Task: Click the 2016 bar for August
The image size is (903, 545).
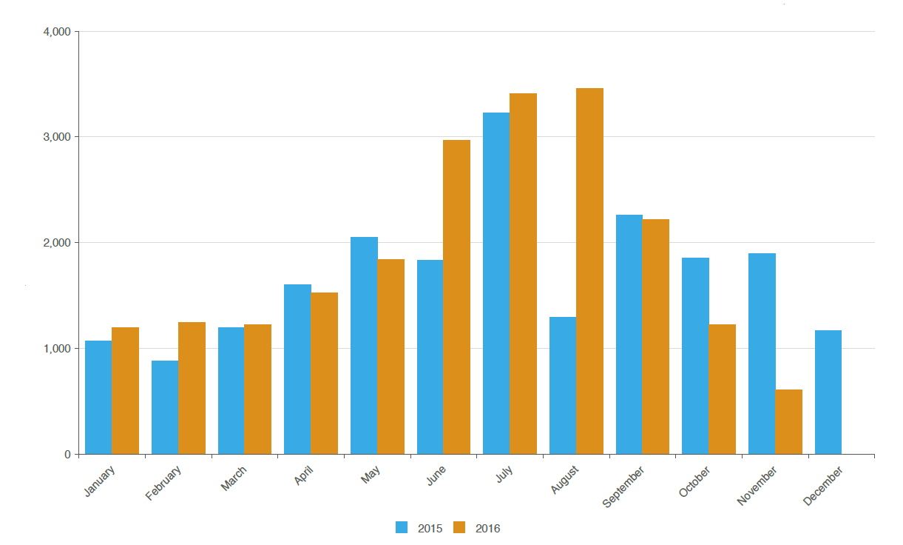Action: click(589, 271)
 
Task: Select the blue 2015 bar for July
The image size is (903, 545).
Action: click(496, 284)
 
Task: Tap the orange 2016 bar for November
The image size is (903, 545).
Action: click(788, 422)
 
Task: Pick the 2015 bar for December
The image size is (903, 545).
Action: click(828, 392)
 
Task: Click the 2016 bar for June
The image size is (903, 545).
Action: click(457, 297)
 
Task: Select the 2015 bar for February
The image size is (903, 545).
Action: click(165, 407)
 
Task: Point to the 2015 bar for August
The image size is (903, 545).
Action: click(563, 386)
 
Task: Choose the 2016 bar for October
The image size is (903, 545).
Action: click(722, 389)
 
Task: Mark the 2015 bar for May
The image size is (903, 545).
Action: click(364, 346)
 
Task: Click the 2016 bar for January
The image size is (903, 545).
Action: click(126, 391)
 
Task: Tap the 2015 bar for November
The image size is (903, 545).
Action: click(762, 354)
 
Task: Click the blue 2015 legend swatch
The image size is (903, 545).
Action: click(402, 527)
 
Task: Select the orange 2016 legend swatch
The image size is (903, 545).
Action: click(459, 527)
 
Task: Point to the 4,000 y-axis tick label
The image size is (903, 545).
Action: click(57, 32)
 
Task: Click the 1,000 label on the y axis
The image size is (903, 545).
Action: click(57, 348)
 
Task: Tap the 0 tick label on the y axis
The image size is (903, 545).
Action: click(68, 455)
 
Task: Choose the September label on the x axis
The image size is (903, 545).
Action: click(623, 487)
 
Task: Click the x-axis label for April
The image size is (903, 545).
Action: click(303, 475)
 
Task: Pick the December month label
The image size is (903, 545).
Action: click(823, 486)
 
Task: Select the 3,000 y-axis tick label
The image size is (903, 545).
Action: click(57, 137)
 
